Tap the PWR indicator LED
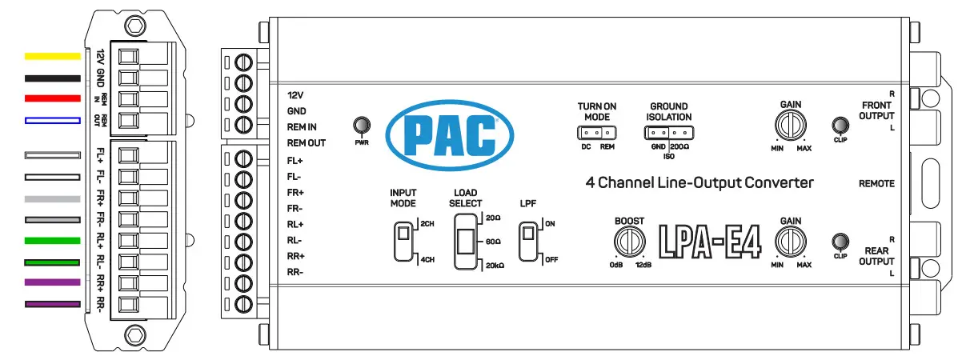pyautogui.click(x=362, y=126)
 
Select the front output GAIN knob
pyautogui.click(x=790, y=126)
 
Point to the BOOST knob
pyautogui.click(x=630, y=241)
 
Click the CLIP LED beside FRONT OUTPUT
pyautogui.click(x=840, y=126)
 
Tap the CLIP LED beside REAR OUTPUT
pyautogui.click(x=840, y=241)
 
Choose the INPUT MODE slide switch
pyautogui.click(x=404, y=242)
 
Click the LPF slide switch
pyautogui.click(x=527, y=241)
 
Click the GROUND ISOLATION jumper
pyautogui.click(x=669, y=133)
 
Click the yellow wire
pyautogui.click(x=52, y=57)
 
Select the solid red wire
pyautogui.click(x=52, y=98)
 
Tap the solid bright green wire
pyautogui.click(x=52, y=240)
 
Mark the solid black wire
pyautogui.click(x=52, y=78)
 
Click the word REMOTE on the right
pyautogui.click(x=876, y=184)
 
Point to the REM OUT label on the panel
pyautogui.click(x=307, y=143)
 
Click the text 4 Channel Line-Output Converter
pyautogui.click(x=699, y=183)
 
